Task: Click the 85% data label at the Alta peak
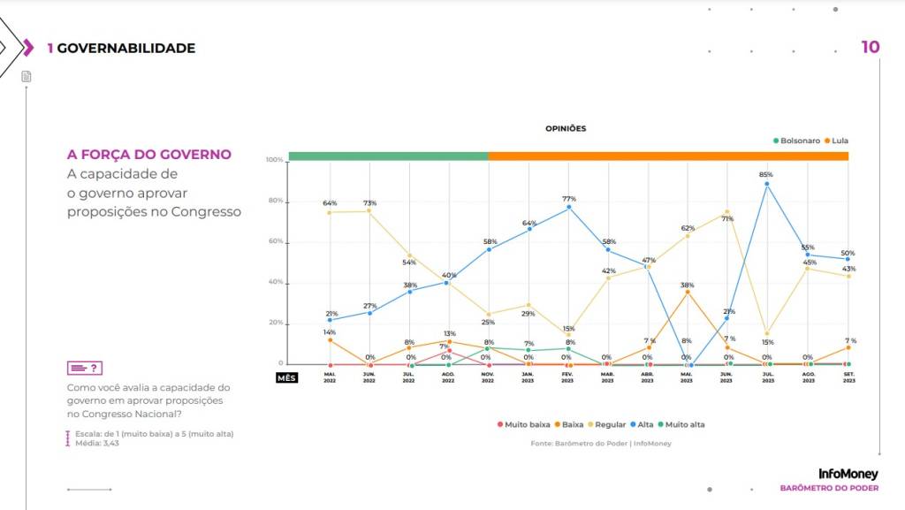pos(766,175)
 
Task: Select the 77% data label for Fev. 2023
pos(569,199)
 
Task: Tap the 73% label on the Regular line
pos(369,203)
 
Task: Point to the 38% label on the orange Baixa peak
pos(687,285)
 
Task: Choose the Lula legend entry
pos(836,141)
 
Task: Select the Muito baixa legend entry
pos(525,425)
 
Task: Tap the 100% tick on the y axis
pos(274,160)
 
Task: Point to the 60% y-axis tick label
pos(276,241)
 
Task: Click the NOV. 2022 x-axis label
pos(488,377)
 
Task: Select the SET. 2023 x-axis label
pos(848,377)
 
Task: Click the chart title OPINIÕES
pos(566,128)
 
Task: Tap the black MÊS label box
pos(286,377)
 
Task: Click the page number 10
pos(871,47)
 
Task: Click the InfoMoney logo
pos(848,474)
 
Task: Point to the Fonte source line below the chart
pos(600,443)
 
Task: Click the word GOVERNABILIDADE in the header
pos(125,48)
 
